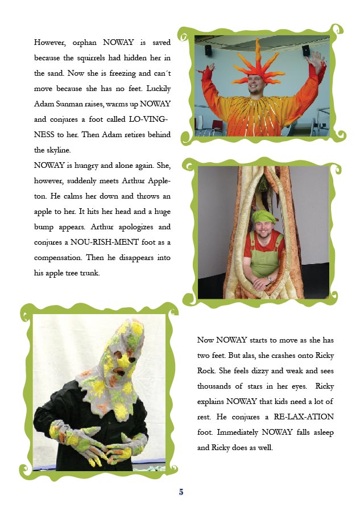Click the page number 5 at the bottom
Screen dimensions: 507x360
click(x=181, y=492)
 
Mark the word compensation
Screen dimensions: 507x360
click(x=59, y=257)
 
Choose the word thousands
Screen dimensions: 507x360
click(x=217, y=386)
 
